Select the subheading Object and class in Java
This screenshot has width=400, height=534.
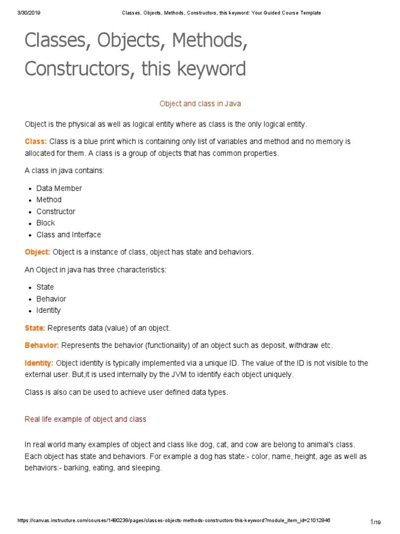coord(200,104)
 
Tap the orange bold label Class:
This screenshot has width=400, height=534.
coord(36,142)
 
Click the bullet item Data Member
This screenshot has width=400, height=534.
coord(59,188)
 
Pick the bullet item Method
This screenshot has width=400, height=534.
coord(49,200)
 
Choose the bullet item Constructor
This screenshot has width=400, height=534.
coord(56,211)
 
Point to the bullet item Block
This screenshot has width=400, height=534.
coord(45,223)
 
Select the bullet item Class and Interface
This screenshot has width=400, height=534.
coord(69,235)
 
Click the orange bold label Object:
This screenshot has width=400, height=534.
coord(37,252)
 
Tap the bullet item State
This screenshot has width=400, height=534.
coord(45,287)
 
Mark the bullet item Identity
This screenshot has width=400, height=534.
coord(48,310)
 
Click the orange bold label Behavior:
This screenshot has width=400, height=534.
coord(42,346)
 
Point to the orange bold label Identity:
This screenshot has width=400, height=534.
coord(39,363)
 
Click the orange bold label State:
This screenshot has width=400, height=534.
coord(35,328)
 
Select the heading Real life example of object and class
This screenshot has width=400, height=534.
coord(85,419)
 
